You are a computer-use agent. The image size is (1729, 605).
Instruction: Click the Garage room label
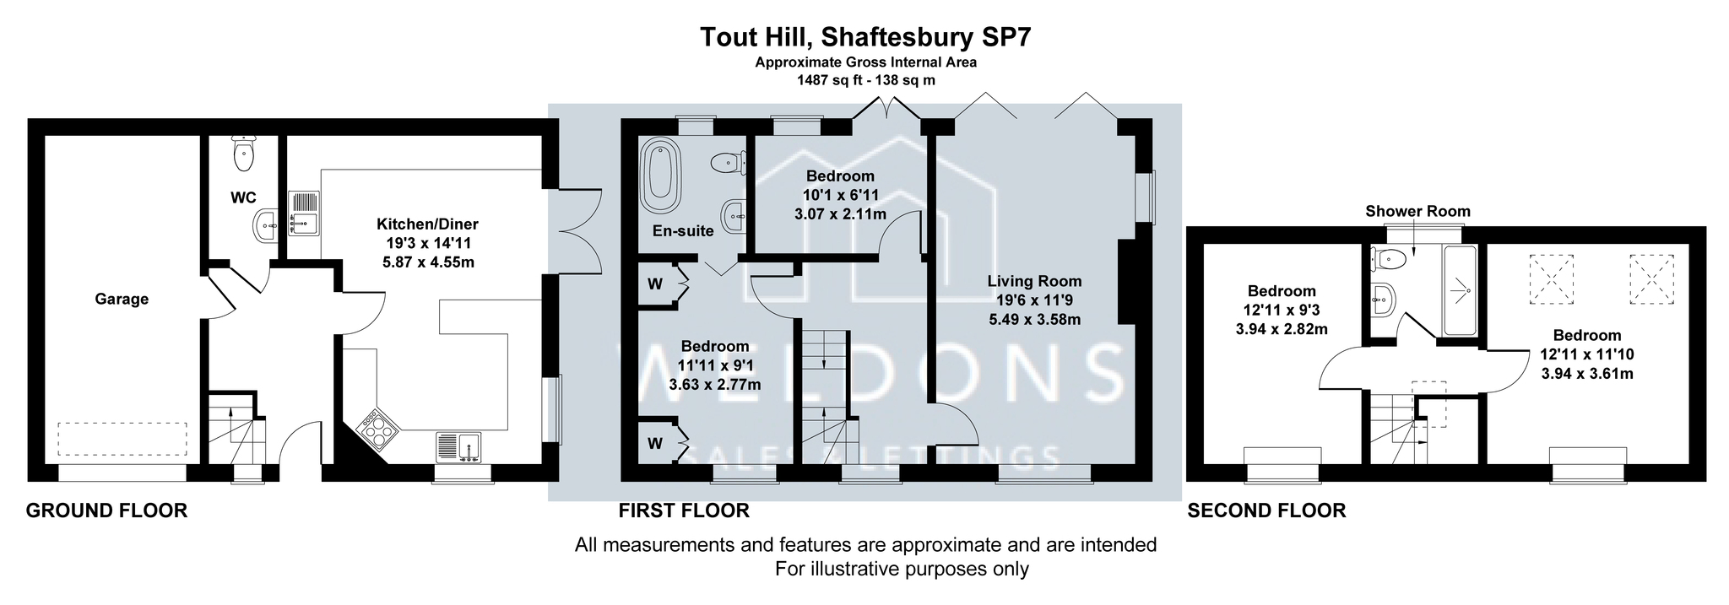(x=122, y=299)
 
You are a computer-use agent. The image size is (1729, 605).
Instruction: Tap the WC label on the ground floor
(x=244, y=198)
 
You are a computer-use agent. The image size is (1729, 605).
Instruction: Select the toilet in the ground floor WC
(x=244, y=150)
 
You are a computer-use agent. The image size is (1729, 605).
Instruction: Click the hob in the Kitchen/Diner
(x=379, y=429)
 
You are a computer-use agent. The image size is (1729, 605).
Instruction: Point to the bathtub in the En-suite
(x=660, y=176)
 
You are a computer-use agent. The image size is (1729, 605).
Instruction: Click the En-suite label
(x=683, y=230)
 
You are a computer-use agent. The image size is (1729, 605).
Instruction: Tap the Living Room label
(x=1034, y=281)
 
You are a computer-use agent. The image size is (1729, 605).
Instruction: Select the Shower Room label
(x=1417, y=211)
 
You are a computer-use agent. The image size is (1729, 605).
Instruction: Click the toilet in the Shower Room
(x=1388, y=258)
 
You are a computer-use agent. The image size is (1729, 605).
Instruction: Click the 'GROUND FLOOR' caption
(x=106, y=510)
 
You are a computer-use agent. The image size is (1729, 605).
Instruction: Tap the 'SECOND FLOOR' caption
(x=1266, y=510)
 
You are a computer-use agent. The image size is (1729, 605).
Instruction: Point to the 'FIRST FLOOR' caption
(x=684, y=510)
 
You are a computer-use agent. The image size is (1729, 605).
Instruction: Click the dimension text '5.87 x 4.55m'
(x=427, y=262)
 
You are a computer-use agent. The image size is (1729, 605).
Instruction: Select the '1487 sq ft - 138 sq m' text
(x=865, y=80)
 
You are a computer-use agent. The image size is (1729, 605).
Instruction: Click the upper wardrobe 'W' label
(x=654, y=284)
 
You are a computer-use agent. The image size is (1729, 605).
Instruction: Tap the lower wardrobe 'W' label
(x=654, y=443)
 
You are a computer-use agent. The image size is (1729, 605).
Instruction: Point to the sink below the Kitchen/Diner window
(x=460, y=447)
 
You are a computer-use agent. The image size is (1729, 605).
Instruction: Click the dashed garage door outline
(x=122, y=439)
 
